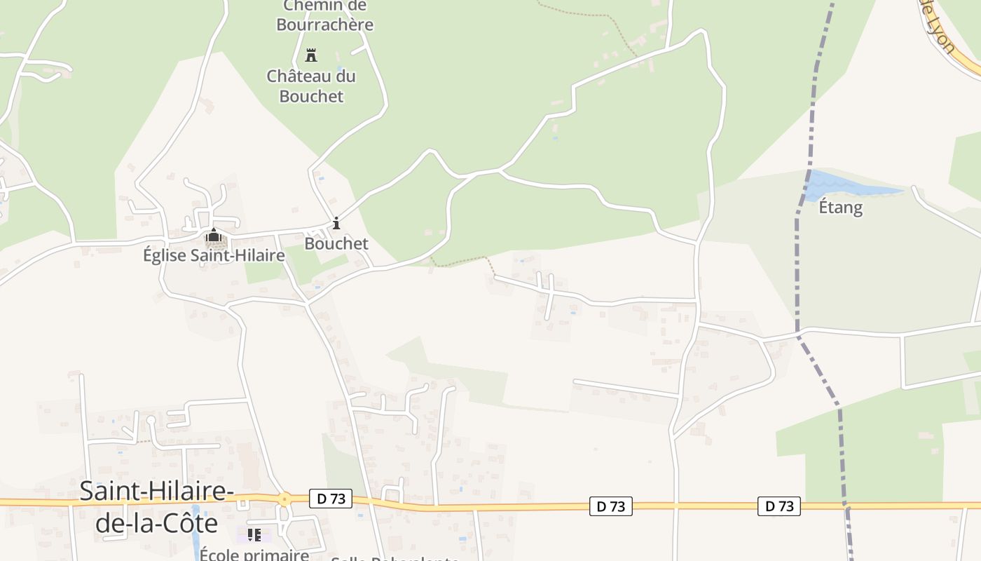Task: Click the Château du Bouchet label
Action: point(311,86)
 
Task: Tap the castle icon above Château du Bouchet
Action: point(311,55)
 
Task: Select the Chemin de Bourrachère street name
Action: point(324,15)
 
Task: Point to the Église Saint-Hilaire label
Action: point(214,255)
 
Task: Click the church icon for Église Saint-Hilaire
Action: point(214,236)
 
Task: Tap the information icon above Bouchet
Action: point(336,224)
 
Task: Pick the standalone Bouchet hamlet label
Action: point(336,243)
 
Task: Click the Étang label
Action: point(841,208)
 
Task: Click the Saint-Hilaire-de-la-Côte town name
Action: point(157,507)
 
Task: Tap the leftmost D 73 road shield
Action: point(331,499)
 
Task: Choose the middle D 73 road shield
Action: point(611,506)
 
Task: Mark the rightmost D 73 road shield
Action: point(778,506)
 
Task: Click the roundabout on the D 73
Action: point(284,500)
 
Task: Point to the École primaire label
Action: point(254,555)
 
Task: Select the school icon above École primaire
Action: point(254,535)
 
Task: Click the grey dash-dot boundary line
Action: point(797,280)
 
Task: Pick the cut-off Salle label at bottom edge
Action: point(395,558)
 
